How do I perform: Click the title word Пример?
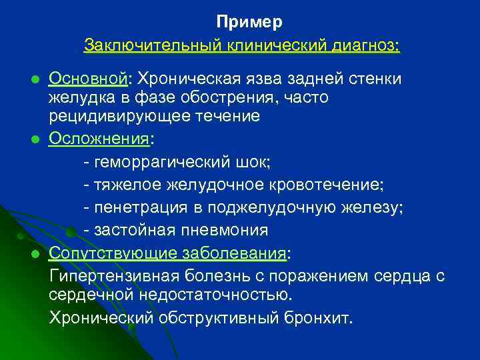click(x=249, y=22)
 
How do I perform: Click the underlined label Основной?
click(x=88, y=79)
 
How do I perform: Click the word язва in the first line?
click(x=257, y=79)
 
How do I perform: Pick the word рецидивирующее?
click(x=109, y=116)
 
